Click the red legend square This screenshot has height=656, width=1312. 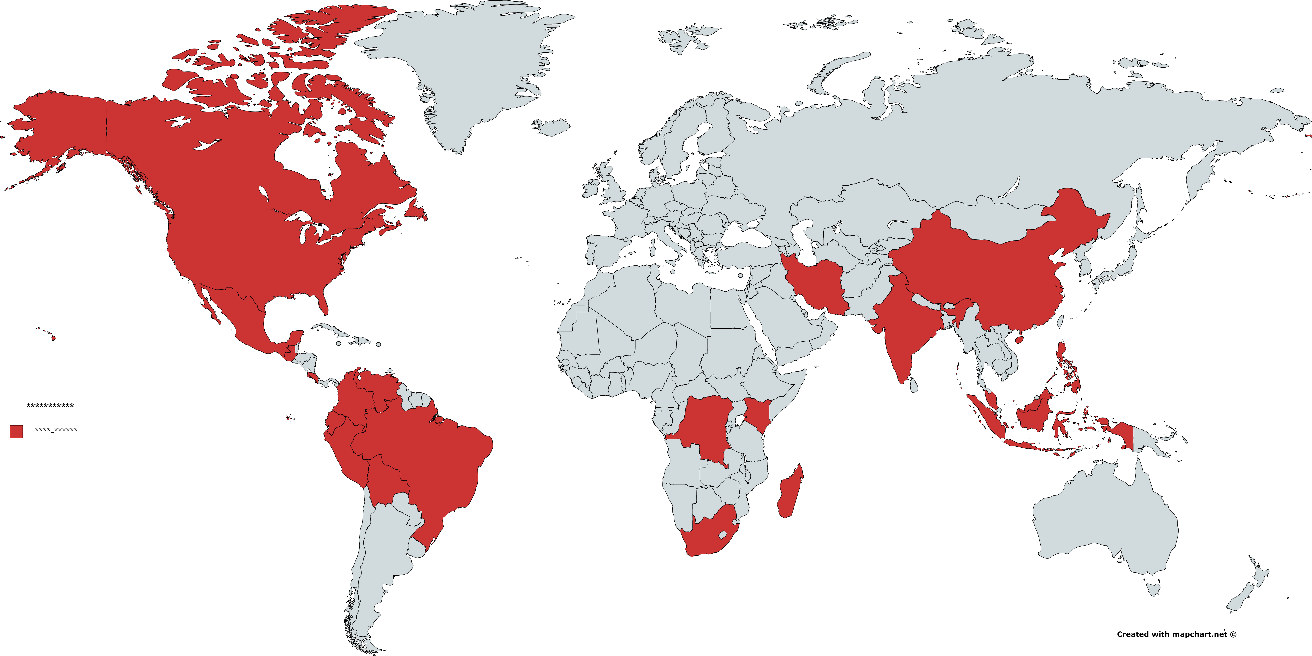16,431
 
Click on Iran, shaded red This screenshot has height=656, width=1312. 815,285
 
